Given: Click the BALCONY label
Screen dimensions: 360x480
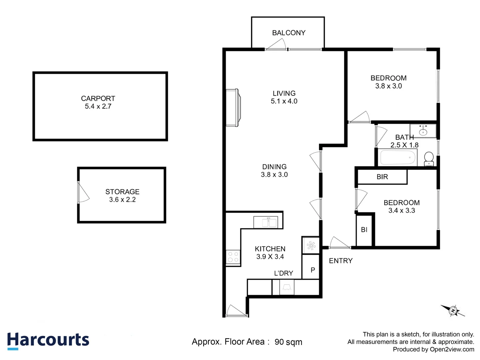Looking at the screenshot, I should click(x=289, y=33).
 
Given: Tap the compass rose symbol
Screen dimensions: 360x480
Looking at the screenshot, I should click(x=453, y=311).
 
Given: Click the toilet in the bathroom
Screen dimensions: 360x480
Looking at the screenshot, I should click(x=429, y=159).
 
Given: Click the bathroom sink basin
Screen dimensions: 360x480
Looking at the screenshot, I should click(x=423, y=131).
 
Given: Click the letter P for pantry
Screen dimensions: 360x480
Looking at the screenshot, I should click(x=313, y=270).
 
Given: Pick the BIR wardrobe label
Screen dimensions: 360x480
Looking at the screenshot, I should click(x=382, y=177).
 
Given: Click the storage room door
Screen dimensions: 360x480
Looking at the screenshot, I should click(x=83, y=193).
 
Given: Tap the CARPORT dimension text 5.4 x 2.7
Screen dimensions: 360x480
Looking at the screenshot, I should click(x=98, y=106).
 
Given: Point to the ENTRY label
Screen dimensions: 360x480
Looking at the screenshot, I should click(x=341, y=261).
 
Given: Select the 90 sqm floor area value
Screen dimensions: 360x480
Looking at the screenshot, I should click(x=288, y=342).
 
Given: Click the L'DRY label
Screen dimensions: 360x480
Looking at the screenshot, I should click(x=283, y=273).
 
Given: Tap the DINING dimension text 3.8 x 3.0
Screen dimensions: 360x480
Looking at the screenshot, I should click(x=274, y=175).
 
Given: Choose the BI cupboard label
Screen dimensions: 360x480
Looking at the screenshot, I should click(x=364, y=230).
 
